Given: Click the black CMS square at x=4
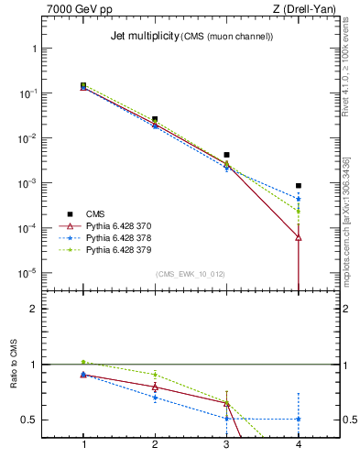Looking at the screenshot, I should click(299, 186).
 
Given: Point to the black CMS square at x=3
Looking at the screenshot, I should click(227, 155).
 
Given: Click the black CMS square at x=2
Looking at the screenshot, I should click(155, 119).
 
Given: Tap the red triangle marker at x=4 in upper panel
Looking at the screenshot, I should click(299, 237).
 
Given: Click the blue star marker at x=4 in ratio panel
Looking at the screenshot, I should click(299, 419).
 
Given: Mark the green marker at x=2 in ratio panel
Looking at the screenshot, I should click(155, 374).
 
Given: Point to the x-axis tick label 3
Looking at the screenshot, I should click(227, 444).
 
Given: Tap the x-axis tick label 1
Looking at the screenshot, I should click(83, 444).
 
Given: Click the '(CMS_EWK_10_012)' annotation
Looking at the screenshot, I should click(191, 274).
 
